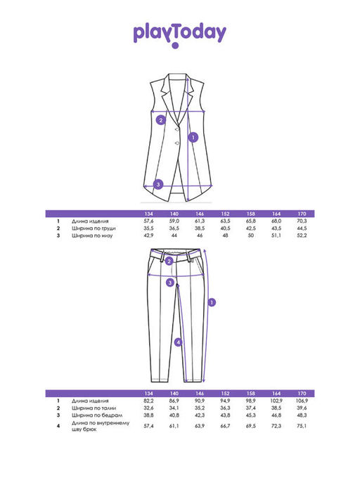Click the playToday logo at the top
click(x=180, y=33)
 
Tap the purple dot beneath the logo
click(x=175, y=46)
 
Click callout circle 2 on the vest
click(x=161, y=120)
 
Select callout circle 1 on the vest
click(x=193, y=138)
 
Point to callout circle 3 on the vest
click(x=158, y=185)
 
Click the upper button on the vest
click(x=176, y=130)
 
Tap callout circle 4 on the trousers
click(x=179, y=342)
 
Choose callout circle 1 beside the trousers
click(x=212, y=302)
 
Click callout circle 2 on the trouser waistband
click(x=169, y=261)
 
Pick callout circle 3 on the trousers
click(x=170, y=283)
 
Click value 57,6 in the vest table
click(x=148, y=221)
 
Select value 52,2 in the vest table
click(x=302, y=235)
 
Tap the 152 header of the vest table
click(x=225, y=214)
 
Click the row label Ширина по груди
click(x=94, y=228)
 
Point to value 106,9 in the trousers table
click(x=302, y=401)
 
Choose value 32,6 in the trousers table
click(x=148, y=408)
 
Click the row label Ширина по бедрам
click(x=97, y=415)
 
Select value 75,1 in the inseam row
click(x=302, y=426)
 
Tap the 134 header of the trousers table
click(x=148, y=394)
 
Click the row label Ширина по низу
click(x=92, y=235)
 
